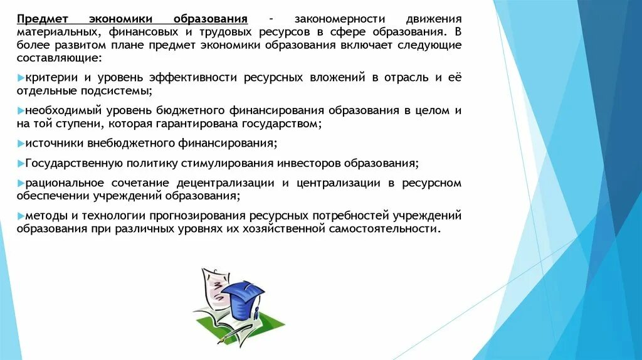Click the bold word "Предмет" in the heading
[42, 19]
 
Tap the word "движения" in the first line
[433, 19]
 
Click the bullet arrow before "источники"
[21, 143]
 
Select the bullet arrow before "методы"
[21, 216]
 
